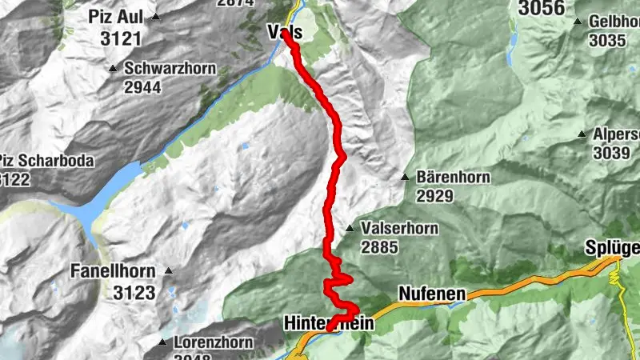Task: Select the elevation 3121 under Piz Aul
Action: (120, 38)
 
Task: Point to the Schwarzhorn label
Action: (170, 68)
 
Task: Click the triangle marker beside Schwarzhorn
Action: (115, 68)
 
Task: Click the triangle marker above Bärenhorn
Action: (406, 177)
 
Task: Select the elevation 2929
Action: (435, 196)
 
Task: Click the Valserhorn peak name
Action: (399, 229)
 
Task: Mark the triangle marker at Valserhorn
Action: (350, 229)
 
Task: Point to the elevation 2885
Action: (379, 248)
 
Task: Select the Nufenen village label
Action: (431, 295)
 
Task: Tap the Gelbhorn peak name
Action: (614, 22)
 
